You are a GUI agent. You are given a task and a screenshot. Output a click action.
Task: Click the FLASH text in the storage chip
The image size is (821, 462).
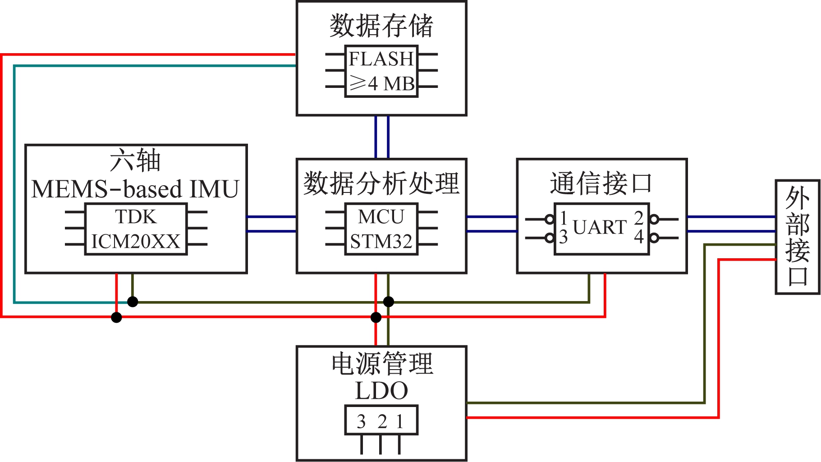pyautogui.click(x=381, y=59)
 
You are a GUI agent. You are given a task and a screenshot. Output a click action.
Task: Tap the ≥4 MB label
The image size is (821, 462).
pyautogui.click(x=382, y=83)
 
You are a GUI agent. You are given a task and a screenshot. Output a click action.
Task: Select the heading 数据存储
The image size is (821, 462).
pyautogui.click(x=381, y=26)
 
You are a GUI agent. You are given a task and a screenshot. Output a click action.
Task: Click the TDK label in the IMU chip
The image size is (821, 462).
pyautogui.click(x=136, y=217)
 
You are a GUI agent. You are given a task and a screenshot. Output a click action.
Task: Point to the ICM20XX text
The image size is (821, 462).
pyautogui.click(x=136, y=242)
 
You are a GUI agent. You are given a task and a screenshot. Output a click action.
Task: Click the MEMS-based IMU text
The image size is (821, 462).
pyautogui.click(x=135, y=189)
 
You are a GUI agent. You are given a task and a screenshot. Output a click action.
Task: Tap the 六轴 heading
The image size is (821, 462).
pyautogui.click(x=135, y=161)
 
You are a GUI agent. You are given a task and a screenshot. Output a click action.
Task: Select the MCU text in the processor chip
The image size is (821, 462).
pyautogui.click(x=381, y=217)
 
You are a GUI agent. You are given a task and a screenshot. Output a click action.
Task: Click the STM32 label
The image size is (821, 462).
pyautogui.click(x=381, y=242)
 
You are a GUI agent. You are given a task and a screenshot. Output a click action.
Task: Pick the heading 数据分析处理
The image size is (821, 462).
pyautogui.click(x=381, y=183)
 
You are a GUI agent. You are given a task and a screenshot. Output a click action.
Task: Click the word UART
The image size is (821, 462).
pyautogui.click(x=600, y=227)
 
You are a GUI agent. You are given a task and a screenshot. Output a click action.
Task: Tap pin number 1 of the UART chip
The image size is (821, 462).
pyautogui.click(x=564, y=218)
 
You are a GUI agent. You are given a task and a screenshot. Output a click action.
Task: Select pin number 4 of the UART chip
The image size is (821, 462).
pyautogui.click(x=639, y=237)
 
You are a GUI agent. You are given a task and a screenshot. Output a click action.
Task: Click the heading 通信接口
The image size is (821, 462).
pyautogui.click(x=601, y=183)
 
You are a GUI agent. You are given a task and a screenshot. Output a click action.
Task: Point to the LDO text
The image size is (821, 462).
pyautogui.click(x=381, y=391)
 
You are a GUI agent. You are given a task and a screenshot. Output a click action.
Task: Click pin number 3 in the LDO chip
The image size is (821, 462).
pyautogui.click(x=361, y=422)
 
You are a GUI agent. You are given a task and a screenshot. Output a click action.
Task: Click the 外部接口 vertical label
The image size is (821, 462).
pyautogui.click(x=797, y=237)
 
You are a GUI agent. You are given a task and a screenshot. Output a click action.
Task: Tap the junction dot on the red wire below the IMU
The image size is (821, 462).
pyautogui.click(x=116, y=317)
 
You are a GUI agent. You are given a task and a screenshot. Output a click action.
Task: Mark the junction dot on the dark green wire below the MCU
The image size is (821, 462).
pyautogui.click(x=388, y=302)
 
